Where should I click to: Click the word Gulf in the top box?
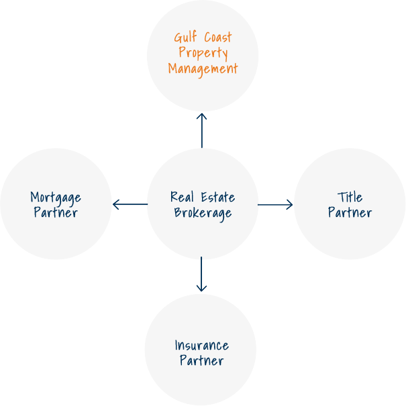pyautogui.click(x=186, y=38)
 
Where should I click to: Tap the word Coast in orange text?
pyautogui.click(x=217, y=38)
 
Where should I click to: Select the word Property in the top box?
pyautogui.click(x=203, y=53)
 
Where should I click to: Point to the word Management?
pyautogui.click(x=203, y=68)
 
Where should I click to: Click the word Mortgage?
pyautogui.click(x=56, y=198)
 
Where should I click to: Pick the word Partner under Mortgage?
pyautogui.click(x=56, y=213)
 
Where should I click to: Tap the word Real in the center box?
pyautogui.click(x=182, y=197)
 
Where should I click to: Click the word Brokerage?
pyautogui.click(x=203, y=213)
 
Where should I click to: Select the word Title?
pyautogui.click(x=350, y=197)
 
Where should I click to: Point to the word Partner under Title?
pyautogui.click(x=350, y=213)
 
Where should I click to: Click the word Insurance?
pyautogui.click(x=201, y=346)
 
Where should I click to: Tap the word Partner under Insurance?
pyautogui.click(x=201, y=361)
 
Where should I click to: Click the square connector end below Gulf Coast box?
pyautogui.click(x=201, y=116)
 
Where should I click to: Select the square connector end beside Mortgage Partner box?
pyautogui.click(x=116, y=204)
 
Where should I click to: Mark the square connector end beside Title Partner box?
pyautogui.click(x=289, y=204)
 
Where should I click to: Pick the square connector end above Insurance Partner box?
pyautogui.click(x=201, y=288)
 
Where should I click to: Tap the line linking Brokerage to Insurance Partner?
pyautogui.click(x=201, y=271)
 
